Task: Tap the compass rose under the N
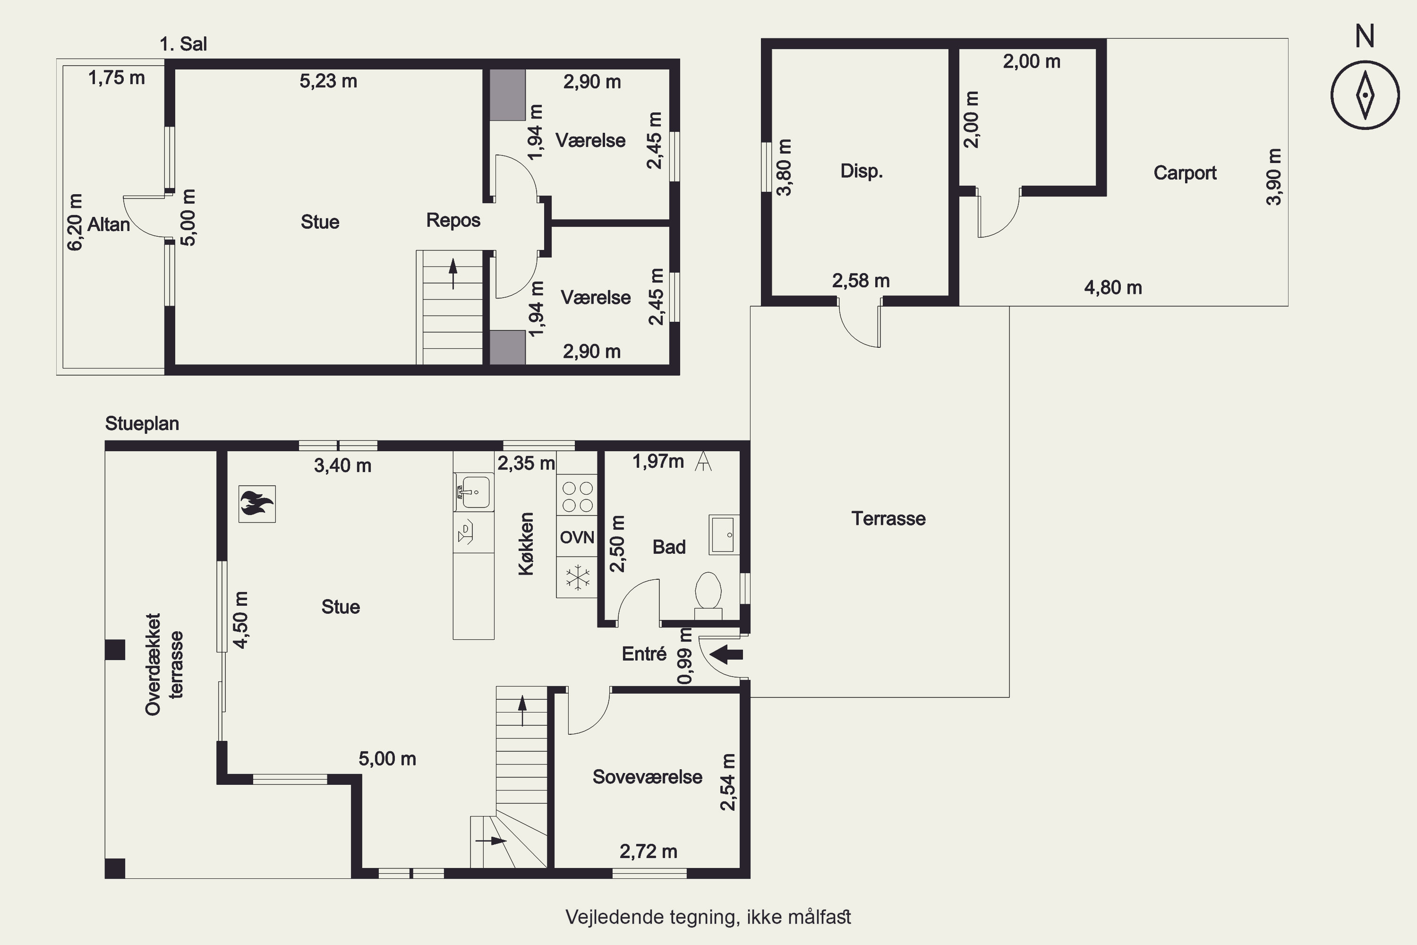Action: (x=1365, y=95)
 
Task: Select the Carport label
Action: (x=1185, y=173)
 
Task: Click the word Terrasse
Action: (x=888, y=518)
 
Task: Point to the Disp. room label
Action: (x=862, y=171)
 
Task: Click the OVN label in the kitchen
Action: (x=577, y=537)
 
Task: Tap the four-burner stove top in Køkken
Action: (x=577, y=496)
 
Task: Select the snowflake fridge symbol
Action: (x=577, y=577)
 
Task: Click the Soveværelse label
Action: (x=648, y=777)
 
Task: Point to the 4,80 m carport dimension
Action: (x=1113, y=287)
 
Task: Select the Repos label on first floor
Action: (x=453, y=221)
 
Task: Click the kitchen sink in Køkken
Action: (x=474, y=492)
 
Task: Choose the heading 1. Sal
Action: (x=183, y=44)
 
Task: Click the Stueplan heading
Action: (x=142, y=424)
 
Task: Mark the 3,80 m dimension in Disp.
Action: (x=785, y=168)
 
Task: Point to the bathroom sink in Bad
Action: (x=724, y=534)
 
